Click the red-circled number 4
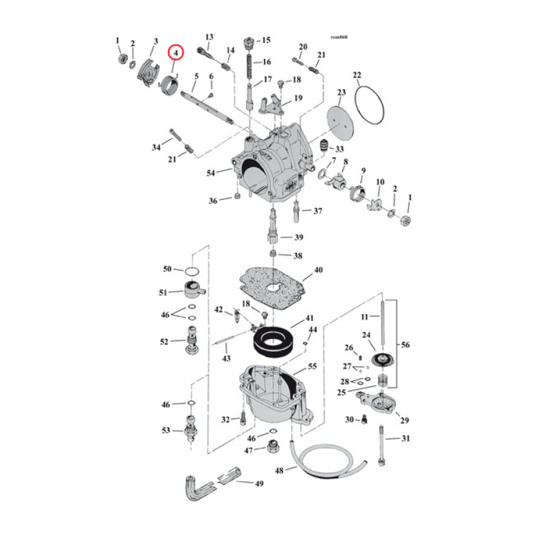177,52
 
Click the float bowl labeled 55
271,395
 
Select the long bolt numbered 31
382,445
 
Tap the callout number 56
406,345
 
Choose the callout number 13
209,37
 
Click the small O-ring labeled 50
192,271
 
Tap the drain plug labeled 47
274,447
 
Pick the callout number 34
156,146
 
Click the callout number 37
317,211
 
